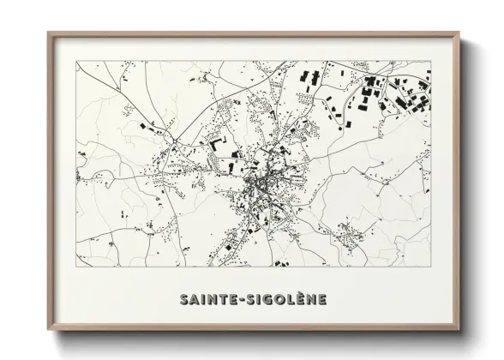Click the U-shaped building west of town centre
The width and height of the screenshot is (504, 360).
[x=214, y=140]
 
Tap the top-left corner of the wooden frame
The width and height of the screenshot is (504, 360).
[x=49, y=33]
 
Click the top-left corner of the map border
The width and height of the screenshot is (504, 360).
[x=77, y=61]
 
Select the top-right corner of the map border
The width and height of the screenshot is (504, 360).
[x=430, y=61]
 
